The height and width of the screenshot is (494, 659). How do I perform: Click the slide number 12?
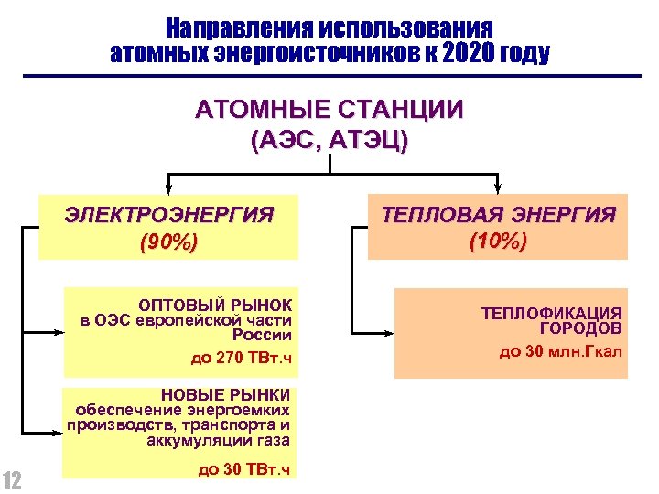[x=13, y=479]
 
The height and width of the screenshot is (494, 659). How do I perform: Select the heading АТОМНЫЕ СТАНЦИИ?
[x=329, y=111]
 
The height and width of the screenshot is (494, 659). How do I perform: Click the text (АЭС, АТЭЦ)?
[x=329, y=142]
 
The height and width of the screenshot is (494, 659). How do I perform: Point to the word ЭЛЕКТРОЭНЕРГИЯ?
[x=169, y=216]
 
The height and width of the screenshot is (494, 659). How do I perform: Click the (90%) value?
[x=168, y=244]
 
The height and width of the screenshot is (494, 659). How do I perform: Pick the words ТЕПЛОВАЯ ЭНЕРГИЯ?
[x=498, y=216]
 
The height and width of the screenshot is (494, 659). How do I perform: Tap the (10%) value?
[x=498, y=242]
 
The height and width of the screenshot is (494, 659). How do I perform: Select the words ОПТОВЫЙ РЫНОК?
[x=215, y=304]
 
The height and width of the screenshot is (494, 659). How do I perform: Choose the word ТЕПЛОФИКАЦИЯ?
[x=552, y=313]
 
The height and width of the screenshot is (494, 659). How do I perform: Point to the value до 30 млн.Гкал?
[x=561, y=350]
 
